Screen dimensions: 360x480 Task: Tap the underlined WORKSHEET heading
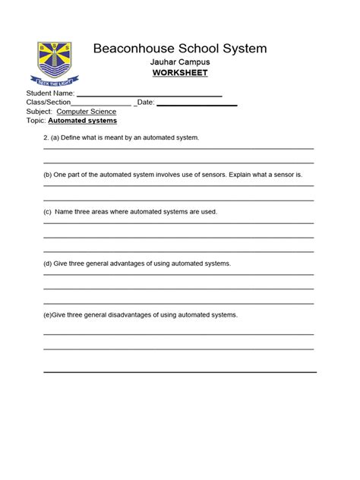click(180, 73)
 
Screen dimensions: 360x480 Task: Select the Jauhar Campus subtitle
click(180, 62)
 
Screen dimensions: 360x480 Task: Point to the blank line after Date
click(197, 103)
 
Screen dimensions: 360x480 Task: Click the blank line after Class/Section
click(102, 103)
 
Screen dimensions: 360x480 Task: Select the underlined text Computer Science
click(87, 112)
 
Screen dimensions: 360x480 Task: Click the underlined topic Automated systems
click(83, 121)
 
